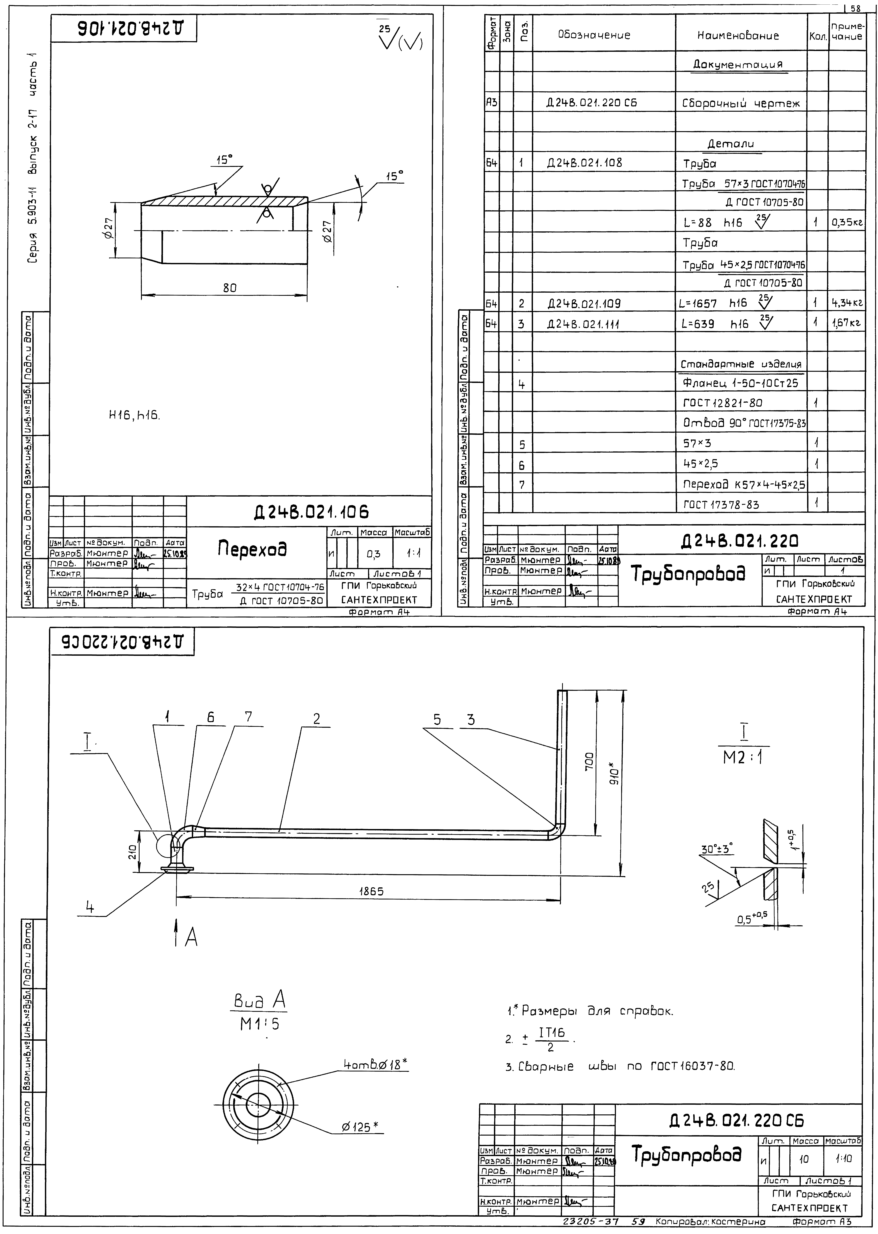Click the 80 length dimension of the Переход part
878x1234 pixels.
pos(230,288)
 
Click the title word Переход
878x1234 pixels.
pos(252,550)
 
